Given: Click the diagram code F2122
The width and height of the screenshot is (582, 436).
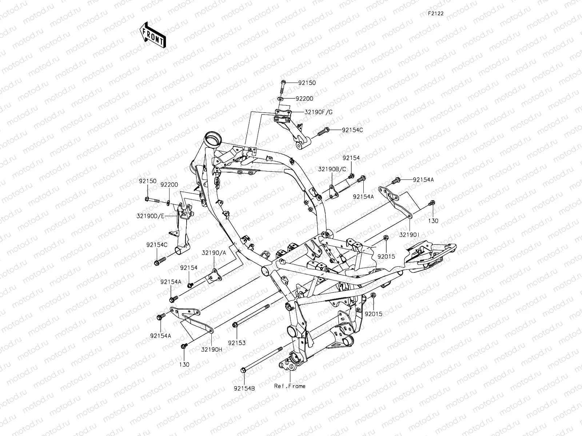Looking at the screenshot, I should (435, 13).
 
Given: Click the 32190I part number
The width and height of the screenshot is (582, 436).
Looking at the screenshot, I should (409, 235).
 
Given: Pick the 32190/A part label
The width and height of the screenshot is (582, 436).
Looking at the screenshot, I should (214, 253).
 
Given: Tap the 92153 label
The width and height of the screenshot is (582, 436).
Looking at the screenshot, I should (237, 343).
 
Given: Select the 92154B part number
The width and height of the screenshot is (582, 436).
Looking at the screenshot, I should (244, 388).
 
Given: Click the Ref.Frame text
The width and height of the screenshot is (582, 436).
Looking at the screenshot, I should (290, 386).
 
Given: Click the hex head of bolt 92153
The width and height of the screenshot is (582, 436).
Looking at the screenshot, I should (235, 324).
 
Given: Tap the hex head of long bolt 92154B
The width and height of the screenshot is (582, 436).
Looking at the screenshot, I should (243, 370).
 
